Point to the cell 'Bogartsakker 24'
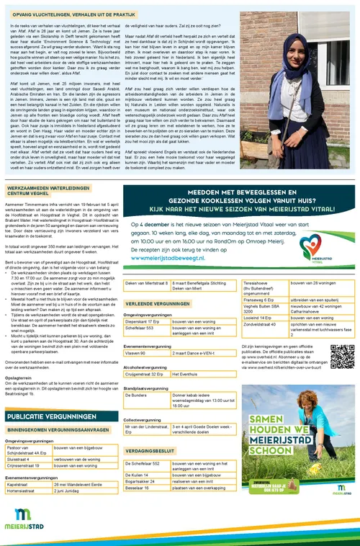142,480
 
